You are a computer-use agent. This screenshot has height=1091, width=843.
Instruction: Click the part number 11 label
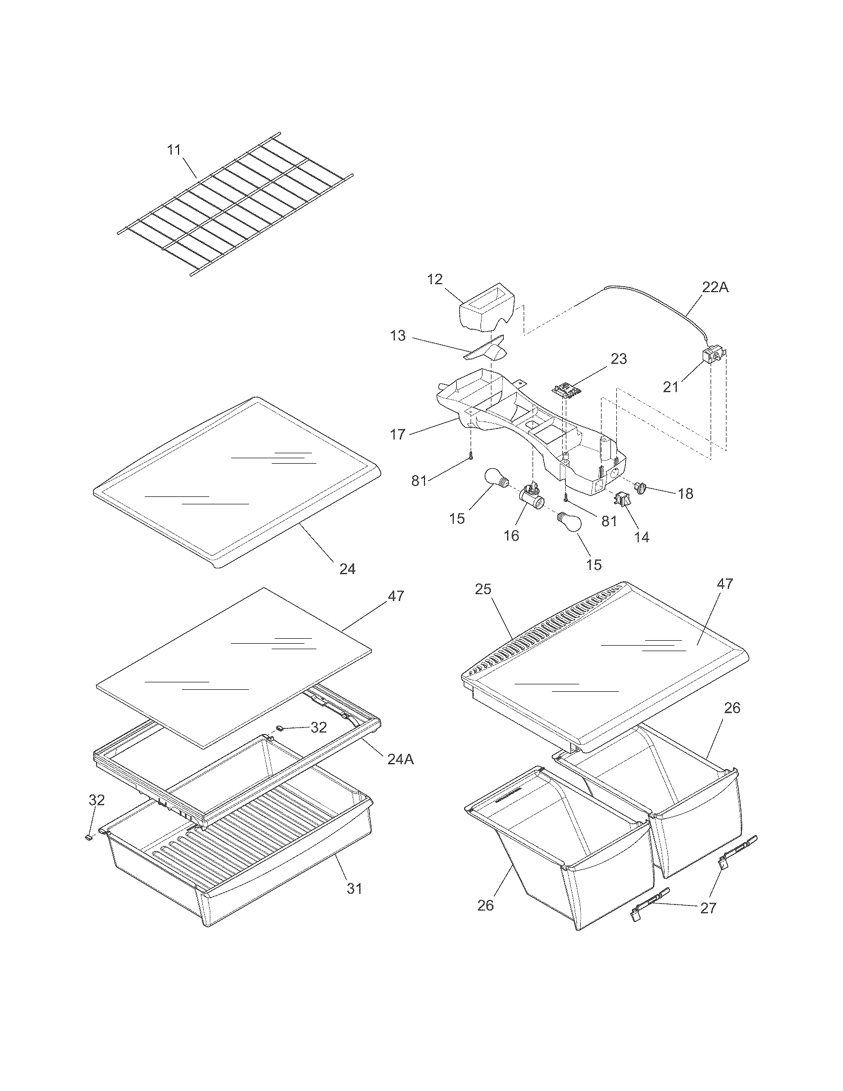point(173,150)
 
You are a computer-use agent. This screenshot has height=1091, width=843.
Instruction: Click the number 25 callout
point(483,589)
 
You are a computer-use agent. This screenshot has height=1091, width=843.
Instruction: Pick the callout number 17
point(398,434)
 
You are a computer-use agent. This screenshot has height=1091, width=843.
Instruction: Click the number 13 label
point(398,336)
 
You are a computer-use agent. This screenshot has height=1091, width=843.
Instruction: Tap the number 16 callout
point(511,536)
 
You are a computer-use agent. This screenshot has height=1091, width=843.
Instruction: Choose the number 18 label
point(686,493)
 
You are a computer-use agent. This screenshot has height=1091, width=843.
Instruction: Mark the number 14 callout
point(641,537)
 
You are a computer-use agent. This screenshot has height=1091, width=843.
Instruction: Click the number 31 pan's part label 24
point(347,568)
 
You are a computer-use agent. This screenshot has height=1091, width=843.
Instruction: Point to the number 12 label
point(435,279)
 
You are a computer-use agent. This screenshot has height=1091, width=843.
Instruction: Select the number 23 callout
point(619,359)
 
